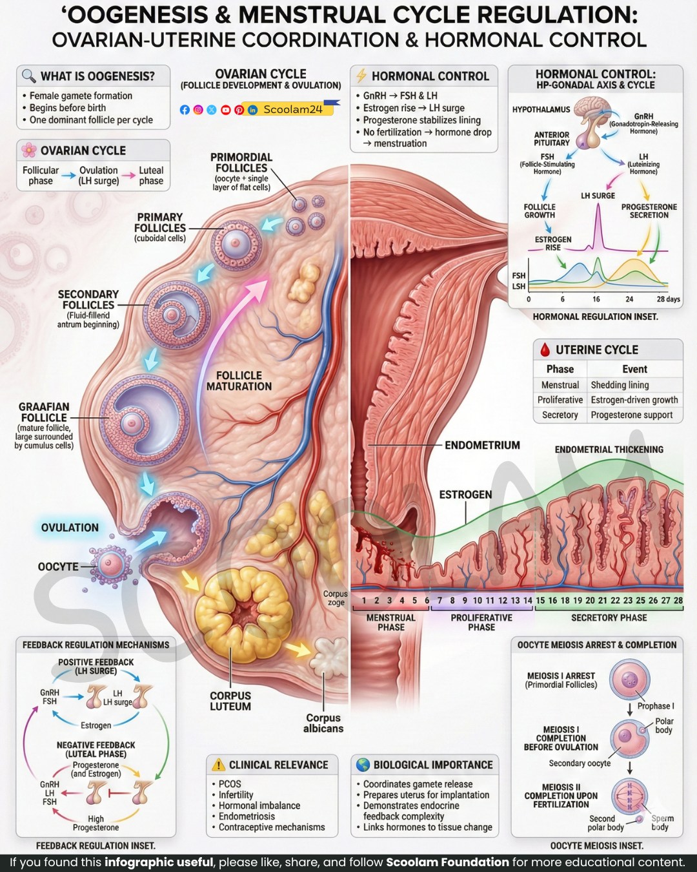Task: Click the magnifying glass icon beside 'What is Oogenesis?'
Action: [x=29, y=76]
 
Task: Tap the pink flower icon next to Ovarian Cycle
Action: [x=29, y=151]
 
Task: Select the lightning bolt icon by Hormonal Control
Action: [x=361, y=76]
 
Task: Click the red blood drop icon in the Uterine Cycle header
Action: [x=545, y=349]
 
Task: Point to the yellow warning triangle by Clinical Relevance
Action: [x=218, y=764]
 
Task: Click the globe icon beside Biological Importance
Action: [x=363, y=764]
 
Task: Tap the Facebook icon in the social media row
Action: [x=185, y=110]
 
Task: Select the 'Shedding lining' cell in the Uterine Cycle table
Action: [x=620, y=384]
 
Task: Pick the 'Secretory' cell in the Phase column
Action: [x=560, y=415]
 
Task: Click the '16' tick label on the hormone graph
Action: [x=596, y=299]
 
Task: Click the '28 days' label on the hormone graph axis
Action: [x=668, y=299]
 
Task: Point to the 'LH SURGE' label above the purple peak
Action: [x=598, y=195]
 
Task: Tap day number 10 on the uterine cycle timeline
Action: [x=478, y=600]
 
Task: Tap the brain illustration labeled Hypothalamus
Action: [x=592, y=109]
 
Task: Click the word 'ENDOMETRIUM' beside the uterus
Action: [x=482, y=445]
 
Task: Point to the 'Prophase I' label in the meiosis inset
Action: [x=656, y=706]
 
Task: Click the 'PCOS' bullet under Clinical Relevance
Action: [x=230, y=784]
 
